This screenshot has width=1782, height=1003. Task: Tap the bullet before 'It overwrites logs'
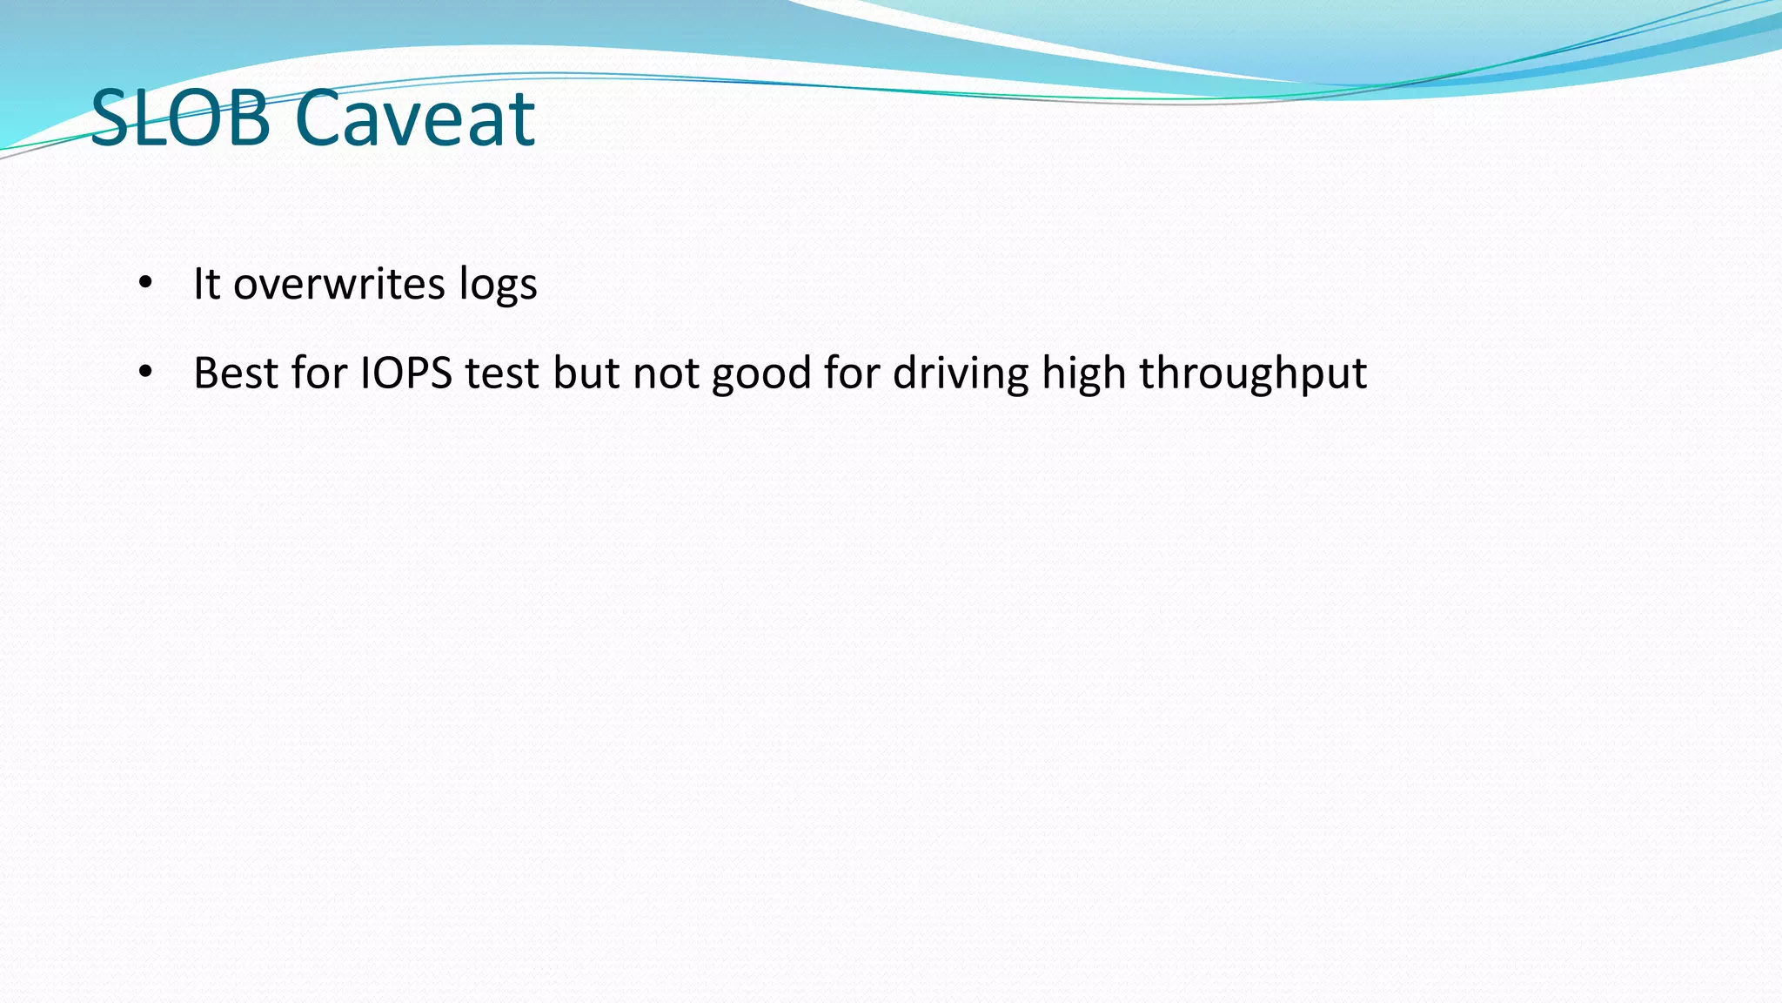pyautogui.click(x=145, y=283)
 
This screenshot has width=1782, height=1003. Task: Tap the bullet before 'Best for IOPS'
pyautogui.click(x=145, y=373)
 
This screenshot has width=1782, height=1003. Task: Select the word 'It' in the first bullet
pyautogui.click(x=206, y=284)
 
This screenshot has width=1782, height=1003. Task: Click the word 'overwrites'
pyautogui.click(x=338, y=284)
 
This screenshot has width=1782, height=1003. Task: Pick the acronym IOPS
pyautogui.click(x=406, y=373)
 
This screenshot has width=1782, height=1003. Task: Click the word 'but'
pyautogui.click(x=586, y=373)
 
